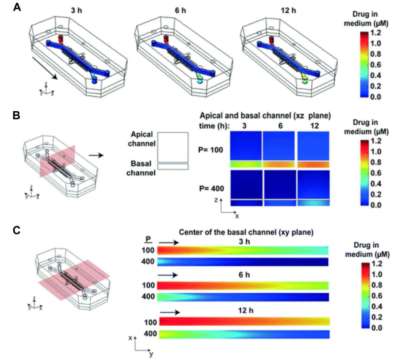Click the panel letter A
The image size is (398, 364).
coord(17,7)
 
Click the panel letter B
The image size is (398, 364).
coord(16,115)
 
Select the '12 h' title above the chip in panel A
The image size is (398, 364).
coord(288,11)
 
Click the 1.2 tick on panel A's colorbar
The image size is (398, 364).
coord(376,33)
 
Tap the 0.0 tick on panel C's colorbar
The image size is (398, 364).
coord(377,328)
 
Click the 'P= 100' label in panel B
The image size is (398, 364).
coord(211,150)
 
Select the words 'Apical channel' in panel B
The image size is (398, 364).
coord(142,139)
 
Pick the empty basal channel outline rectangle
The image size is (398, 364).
coord(173,167)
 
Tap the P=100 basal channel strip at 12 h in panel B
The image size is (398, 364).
coord(313,165)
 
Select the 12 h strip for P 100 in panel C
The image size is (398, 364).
coord(244,321)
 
